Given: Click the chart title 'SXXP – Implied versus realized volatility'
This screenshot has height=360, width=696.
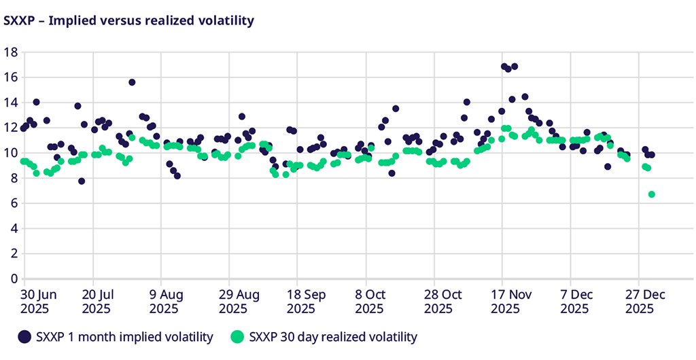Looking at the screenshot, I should (x=129, y=20).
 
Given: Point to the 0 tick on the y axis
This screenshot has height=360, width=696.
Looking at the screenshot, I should (x=13, y=278).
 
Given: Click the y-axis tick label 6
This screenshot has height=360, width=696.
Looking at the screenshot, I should (x=13, y=203).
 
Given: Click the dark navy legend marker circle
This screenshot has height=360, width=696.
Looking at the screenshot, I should (x=24, y=336).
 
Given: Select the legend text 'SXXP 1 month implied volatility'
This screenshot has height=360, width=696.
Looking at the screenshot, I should (x=124, y=337).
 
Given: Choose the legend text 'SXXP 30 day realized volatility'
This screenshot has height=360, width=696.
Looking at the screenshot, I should (x=333, y=337).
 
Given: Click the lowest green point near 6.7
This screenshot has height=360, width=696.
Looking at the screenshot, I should (x=652, y=194).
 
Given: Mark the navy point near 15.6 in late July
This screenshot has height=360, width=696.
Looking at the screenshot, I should (x=132, y=82).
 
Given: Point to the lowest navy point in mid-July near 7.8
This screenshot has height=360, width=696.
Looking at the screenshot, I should (x=82, y=181).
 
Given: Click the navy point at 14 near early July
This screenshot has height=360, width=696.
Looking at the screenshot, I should (x=36, y=103).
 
